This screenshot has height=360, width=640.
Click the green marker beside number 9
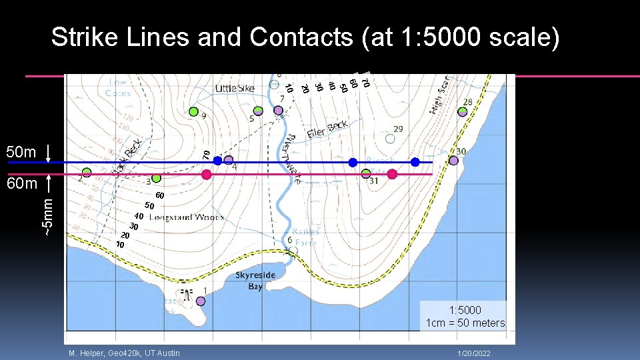pyautogui.click(x=193, y=111)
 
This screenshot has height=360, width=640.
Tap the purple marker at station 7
pyautogui.click(x=277, y=110)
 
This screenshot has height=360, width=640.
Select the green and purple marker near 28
pyautogui.click(x=462, y=112)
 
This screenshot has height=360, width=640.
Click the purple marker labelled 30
pyautogui.click(x=453, y=161)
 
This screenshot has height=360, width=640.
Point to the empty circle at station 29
pyautogui.click(x=390, y=139)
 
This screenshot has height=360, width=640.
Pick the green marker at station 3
pyautogui.click(x=155, y=178)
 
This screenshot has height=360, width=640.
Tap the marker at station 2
pyautogui.click(x=87, y=172)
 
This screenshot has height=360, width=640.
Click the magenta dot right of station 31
pyautogui.click(x=392, y=174)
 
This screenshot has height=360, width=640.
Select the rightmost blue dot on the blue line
pyautogui.click(x=415, y=162)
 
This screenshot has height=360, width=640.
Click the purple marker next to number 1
pyautogui.click(x=201, y=301)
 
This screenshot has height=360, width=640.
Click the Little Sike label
pyautogui.click(x=234, y=88)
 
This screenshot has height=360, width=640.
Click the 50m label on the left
pyautogui.click(x=20, y=152)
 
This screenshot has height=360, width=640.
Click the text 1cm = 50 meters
pyautogui.click(x=465, y=323)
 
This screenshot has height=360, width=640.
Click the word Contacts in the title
pyautogui.click(x=301, y=38)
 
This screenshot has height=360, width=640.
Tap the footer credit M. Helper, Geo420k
pyautogui.click(x=124, y=353)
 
